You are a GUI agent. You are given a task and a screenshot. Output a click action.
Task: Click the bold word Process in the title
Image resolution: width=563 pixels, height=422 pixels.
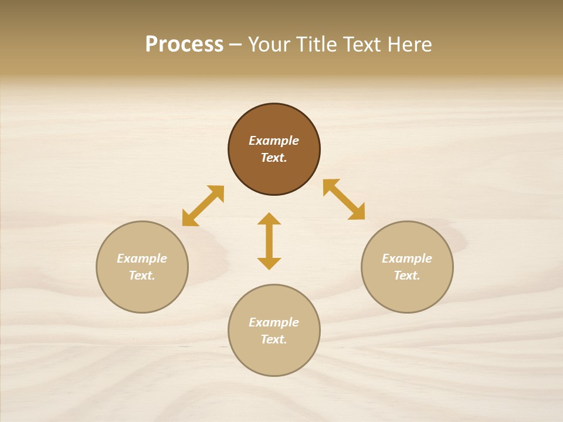coord(184,45)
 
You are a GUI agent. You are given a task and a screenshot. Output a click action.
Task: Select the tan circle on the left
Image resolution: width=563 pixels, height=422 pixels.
coord(142,293)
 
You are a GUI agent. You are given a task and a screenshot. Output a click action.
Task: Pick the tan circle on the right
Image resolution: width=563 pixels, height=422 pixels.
coord(407,293)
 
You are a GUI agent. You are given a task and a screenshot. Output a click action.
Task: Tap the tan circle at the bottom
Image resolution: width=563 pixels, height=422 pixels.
coord(274,358)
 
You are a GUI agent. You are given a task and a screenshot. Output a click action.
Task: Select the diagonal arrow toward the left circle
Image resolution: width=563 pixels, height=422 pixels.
coord(203,206)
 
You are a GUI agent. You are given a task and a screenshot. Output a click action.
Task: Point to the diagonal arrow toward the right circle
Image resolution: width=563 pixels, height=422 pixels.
coord(344,199)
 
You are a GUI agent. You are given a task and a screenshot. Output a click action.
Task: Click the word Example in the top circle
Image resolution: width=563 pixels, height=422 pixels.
coord(274,141)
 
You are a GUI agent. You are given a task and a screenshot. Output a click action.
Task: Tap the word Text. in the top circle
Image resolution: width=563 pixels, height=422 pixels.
coord(274,158)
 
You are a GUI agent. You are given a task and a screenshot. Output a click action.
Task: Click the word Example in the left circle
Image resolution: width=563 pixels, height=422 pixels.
coord(142,258)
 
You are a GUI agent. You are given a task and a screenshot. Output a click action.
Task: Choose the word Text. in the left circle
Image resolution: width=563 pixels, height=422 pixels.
coord(142,275)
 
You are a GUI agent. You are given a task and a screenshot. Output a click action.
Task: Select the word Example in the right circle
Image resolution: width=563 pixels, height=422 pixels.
coord(407,258)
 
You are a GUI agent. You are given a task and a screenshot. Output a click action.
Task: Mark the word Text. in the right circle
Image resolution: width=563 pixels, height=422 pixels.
coord(407,275)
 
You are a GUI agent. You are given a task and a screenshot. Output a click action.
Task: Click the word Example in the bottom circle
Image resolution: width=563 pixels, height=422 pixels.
coord(274,322)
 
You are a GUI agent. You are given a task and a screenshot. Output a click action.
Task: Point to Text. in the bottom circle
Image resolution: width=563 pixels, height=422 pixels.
coord(274,339)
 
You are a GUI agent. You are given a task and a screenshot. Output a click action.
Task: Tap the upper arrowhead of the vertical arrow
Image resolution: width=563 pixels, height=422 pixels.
coord(269,219)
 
